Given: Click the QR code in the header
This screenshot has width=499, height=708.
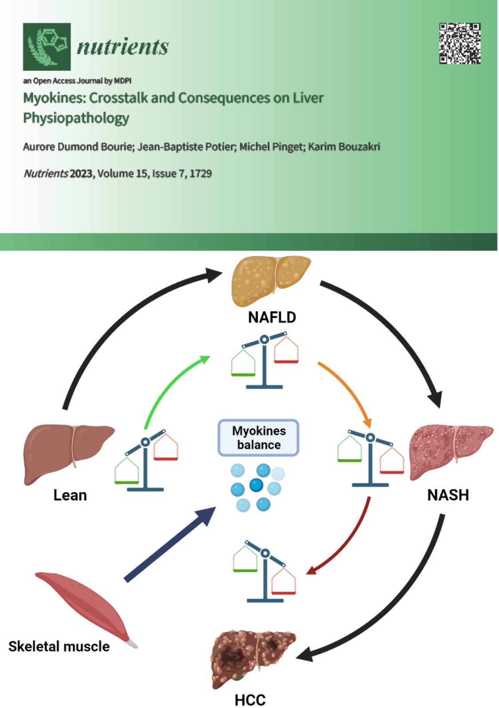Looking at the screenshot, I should pyautogui.click(x=460, y=43).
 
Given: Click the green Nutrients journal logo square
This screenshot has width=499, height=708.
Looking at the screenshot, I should pyautogui.click(x=47, y=47).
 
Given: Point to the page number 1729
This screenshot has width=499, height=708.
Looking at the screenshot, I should pyautogui.click(x=200, y=173).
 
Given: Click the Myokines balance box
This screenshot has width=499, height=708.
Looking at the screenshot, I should pyautogui.click(x=259, y=438).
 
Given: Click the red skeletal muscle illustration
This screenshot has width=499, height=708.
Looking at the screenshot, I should pyautogui.click(x=84, y=606).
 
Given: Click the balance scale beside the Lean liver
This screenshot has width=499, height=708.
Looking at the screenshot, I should pyautogui.click(x=146, y=461).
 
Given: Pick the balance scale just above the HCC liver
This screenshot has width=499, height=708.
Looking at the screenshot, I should pyautogui.click(x=265, y=572).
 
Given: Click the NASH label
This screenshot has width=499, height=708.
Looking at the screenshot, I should pyautogui.click(x=448, y=495).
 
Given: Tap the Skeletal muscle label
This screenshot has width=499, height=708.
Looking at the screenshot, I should pyautogui.click(x=59, y=646).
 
